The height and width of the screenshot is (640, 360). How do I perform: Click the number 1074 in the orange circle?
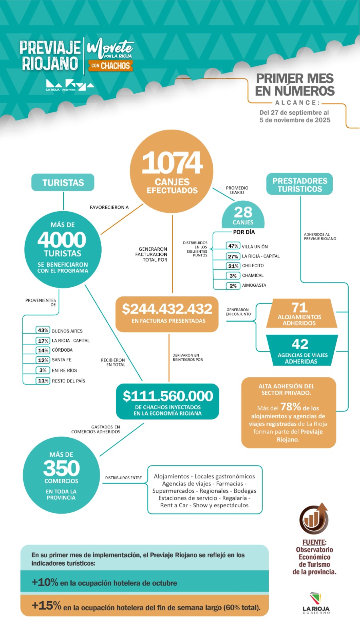172,163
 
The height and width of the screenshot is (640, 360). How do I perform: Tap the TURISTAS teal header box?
63,182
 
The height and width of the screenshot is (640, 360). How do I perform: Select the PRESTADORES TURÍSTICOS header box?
300,185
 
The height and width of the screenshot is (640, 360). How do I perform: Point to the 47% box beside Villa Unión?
233,246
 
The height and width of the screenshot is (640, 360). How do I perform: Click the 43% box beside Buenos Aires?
43,330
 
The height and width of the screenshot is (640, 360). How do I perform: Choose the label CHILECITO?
253,266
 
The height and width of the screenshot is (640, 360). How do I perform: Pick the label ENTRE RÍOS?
64,370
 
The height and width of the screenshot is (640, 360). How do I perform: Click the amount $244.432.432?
167,309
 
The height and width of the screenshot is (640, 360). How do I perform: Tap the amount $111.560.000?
168,396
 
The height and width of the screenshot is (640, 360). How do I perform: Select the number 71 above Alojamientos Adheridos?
300,307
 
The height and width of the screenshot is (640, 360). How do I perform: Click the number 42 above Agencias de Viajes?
300,344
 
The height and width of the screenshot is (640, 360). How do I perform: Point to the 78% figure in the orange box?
290,407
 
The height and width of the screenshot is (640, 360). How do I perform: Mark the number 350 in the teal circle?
62,468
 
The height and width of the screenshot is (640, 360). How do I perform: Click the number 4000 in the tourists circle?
62,240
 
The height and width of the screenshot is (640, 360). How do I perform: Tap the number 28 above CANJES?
243,212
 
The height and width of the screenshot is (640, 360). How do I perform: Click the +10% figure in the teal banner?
45,582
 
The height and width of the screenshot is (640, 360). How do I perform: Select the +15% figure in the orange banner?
46,606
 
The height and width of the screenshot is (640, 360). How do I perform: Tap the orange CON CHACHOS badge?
110,66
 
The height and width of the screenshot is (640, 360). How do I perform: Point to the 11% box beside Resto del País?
43,381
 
